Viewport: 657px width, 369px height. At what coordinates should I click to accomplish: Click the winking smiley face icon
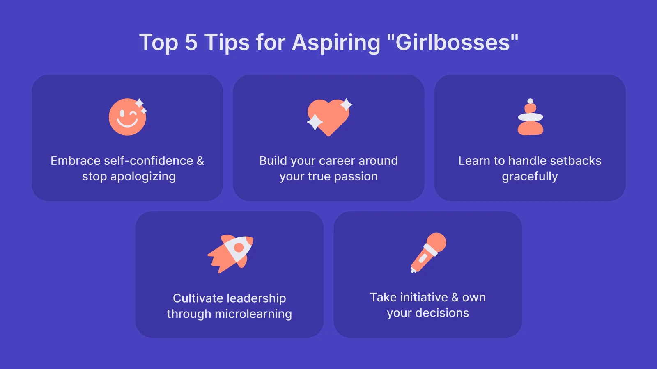click(x=127, y=117)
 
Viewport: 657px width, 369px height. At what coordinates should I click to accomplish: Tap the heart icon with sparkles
click(x=328, y=117)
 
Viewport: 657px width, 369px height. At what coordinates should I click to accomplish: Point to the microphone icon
click(x=428, y=253)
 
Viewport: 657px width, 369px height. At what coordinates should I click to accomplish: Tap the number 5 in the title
click(x=191, y=43)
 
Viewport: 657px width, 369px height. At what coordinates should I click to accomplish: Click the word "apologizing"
click(x=143, y=177)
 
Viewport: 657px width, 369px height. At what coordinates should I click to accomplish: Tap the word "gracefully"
click(x=530, y=177)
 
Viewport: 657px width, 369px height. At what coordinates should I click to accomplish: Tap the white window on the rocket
click(x=239, y=247)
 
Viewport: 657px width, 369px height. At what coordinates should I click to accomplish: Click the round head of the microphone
click(x=436, y=242)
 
